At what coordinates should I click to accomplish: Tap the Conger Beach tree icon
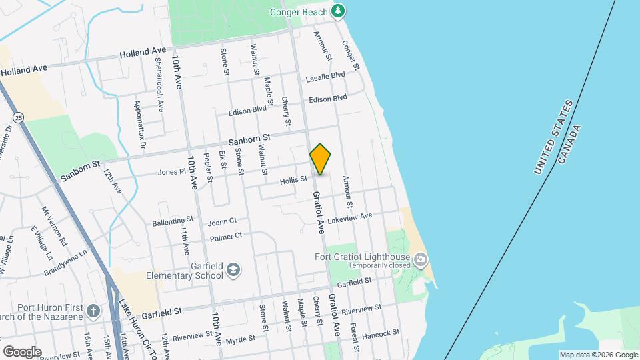339,11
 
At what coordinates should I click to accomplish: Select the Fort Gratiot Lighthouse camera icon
420,259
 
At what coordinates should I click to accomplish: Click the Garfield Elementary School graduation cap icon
233,269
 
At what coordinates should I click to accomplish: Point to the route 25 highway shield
19,117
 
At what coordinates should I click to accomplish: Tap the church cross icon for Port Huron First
93,311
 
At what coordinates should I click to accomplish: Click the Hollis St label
293,179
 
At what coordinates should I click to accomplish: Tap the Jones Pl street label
171,172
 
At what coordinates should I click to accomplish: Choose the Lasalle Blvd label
325,77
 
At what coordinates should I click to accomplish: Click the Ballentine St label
172,219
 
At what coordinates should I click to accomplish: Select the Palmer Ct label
225,235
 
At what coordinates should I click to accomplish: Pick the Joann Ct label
222,221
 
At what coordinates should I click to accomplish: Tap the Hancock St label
382,331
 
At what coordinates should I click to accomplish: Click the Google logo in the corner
22,351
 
